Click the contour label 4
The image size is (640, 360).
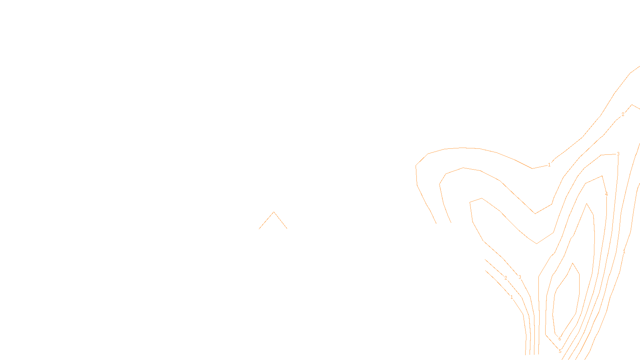(x=606, y=194)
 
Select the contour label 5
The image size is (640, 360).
(x=560, y=351)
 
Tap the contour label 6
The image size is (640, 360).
(x=560, y=339)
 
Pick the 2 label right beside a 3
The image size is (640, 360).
(x=506, y=278)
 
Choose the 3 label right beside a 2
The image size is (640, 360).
(x=520, y=277)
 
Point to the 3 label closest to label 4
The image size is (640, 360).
(x=618, y=154)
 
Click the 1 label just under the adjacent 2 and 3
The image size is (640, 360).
(x=512, y=297)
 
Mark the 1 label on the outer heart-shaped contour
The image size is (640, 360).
(x=549, y=165)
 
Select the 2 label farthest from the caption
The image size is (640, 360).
(x=623, y=114)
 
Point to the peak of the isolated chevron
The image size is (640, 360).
(x=274, y=212)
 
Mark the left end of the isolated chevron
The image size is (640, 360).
(x=259, y=229)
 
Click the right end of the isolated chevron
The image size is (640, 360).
(x=287, y=229)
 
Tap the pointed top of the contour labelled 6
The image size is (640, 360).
(x=573, y=263)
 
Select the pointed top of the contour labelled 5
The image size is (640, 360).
(x=586, y=204)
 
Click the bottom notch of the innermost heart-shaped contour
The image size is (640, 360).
(x=536, y=244)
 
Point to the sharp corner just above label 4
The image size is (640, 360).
(x=602, y=176)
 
